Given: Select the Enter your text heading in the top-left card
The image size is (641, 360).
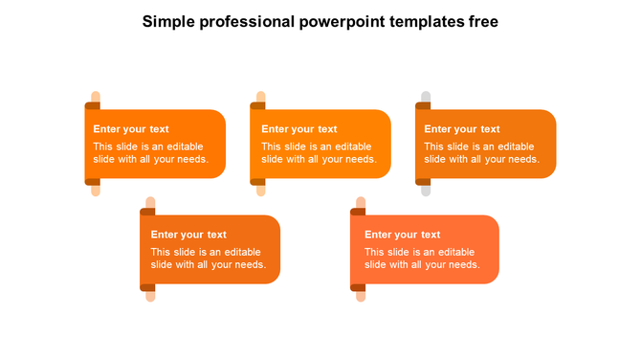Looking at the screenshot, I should (x=131, y=129).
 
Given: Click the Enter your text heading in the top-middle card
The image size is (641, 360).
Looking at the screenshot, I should (x=299, y=129).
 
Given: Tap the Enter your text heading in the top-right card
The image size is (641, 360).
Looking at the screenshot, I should (x=462, y=129).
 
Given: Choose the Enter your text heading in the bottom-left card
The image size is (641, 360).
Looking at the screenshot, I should (x=188, y=235).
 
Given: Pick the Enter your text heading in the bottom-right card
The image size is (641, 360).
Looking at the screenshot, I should (x=403, y=235).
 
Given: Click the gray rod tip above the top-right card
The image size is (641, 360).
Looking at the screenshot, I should (x=426, y=96).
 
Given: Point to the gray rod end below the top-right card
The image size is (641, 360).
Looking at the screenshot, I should (x=426, y=190).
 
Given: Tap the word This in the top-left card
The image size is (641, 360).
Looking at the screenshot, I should (x=103, y=146).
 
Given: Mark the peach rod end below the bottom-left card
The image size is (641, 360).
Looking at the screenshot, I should (x=150, y=295).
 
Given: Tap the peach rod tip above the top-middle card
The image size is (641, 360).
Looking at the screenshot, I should (x=260, y=96).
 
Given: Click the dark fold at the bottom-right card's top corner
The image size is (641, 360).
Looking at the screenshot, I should (x=361, y=211).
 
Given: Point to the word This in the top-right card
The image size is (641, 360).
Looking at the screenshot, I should (x=434, y=146).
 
